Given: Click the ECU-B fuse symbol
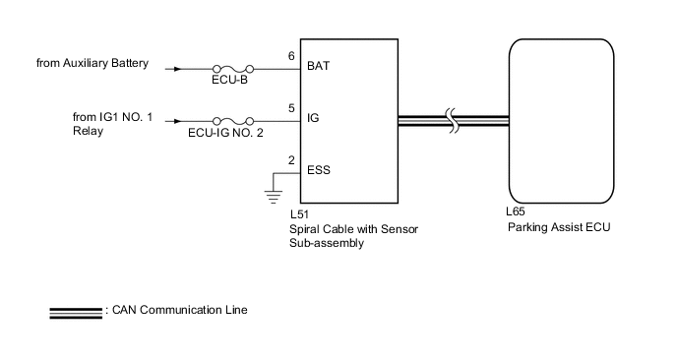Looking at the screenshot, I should pyautogui.click(x=233, y=70).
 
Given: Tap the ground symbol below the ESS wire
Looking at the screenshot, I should pyautogui.click(x=273, y=192).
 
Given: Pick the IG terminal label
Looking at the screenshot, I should pyautogui.click(x=314, y=118).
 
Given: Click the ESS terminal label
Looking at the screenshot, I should pyautogui.click(x=320, y=169).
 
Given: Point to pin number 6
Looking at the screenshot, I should pyautogui.click(x=291, y=57).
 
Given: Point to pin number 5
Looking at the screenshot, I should pyautogui.click(x=291, y=108).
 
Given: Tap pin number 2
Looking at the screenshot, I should pyautogui.click(x=291, y=159).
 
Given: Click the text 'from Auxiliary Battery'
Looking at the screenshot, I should pyautogui.click(x=92, y=65).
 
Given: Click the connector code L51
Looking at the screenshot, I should pyautogui.click(x=301, y=212).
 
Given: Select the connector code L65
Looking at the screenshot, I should pyautogui.click(x=515, y=211).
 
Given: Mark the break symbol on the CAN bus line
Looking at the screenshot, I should pyautogui.click(x=452, y=122).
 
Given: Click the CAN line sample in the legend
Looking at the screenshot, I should pyautogui.click(x=76, y=312).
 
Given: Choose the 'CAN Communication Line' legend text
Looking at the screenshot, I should pyautogui.click(x=179, y=311).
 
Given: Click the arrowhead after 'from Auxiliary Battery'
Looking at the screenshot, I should pyautogui.click(x=177, y=70).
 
